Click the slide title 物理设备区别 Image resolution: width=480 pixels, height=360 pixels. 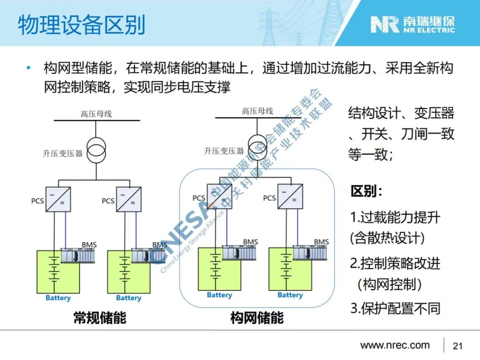click(82, 25)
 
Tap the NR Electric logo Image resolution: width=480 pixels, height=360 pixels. click(413, 25)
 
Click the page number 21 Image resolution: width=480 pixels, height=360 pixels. click(457, 346)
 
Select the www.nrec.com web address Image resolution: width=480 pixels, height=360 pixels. click(395, 345)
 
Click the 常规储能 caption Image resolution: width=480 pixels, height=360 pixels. click(100, 318)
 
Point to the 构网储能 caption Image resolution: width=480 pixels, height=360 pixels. click(256, 318)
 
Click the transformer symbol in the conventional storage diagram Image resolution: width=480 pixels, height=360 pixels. click(96, 152)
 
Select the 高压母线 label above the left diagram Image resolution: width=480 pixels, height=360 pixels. click(96, 114)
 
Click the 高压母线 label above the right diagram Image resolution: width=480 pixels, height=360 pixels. click(257, 111)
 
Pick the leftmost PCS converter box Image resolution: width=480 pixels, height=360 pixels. click(58, 200)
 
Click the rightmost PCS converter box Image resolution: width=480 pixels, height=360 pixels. click(290, 196)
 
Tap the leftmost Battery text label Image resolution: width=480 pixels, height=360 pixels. click(58, 298)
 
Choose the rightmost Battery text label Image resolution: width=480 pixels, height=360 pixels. click(290, 295)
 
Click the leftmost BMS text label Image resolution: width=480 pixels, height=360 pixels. click(89, 245)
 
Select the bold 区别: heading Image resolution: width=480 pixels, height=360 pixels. click(366, 192)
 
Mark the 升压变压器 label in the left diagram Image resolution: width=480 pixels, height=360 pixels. click(63, 154)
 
